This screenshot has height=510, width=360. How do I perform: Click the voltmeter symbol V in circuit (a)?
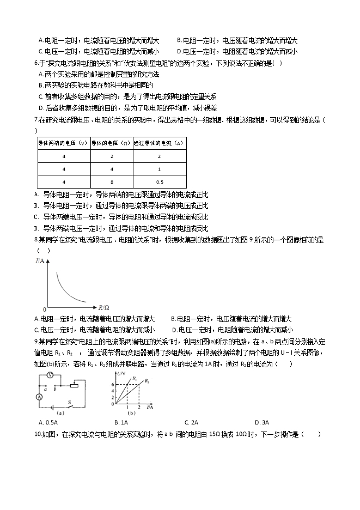coord(49,374)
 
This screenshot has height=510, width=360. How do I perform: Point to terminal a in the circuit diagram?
coord(46,388)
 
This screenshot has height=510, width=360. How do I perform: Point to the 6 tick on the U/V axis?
coord(112,385)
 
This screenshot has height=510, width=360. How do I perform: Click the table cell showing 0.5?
coord(160,182)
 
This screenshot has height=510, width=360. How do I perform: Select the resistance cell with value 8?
coord(111,182)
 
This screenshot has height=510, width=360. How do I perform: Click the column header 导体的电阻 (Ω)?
coord(111,143)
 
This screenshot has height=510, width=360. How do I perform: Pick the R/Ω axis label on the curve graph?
coord(102,308)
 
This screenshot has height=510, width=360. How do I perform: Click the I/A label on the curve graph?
coord(39,262)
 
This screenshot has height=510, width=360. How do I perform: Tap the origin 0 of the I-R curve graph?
coord(45,309)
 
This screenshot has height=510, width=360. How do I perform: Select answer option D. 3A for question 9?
coord(262,422)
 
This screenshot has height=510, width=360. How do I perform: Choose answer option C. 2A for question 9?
coord(191,422)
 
